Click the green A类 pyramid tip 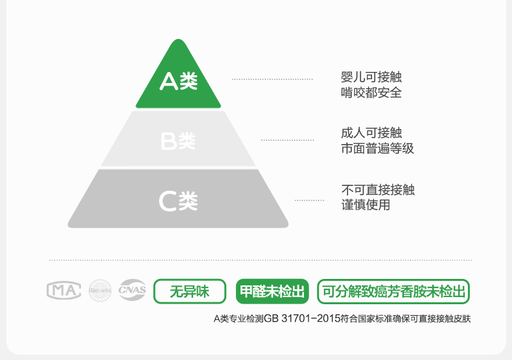[178, 82]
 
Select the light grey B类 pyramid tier [178, 140]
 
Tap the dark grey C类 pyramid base [178, 200]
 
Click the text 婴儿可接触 [371, 77]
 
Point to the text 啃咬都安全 [371, 93]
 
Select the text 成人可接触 [371, 133]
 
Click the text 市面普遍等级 [377, 149]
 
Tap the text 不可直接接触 [377, 189]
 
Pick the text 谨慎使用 [366, 205]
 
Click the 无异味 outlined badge [189, 291]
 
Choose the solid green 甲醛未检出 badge [272, 291]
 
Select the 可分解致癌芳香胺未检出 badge [393, 291]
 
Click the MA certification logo [64, 291]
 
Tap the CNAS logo [132, 291]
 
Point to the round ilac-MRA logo [100, 291]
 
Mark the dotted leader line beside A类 [272, 79]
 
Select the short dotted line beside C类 [309, 200]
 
